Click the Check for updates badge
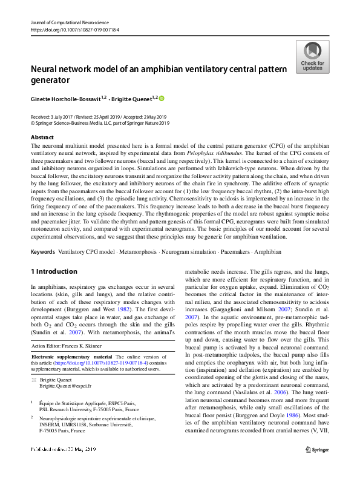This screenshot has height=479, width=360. point(313,57)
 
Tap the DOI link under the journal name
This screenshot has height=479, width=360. point(74,29)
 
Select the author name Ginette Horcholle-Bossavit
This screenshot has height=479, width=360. point(65,97)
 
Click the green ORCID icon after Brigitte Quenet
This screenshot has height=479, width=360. point(162,97)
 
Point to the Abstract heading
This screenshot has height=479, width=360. point(42,137)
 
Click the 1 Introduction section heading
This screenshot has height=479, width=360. point(54,271)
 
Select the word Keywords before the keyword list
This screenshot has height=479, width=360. point(44,251)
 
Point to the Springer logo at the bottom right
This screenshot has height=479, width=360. point(318,466)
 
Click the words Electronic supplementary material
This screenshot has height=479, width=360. point(71,357)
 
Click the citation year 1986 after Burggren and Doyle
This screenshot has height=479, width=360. point(293,434)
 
